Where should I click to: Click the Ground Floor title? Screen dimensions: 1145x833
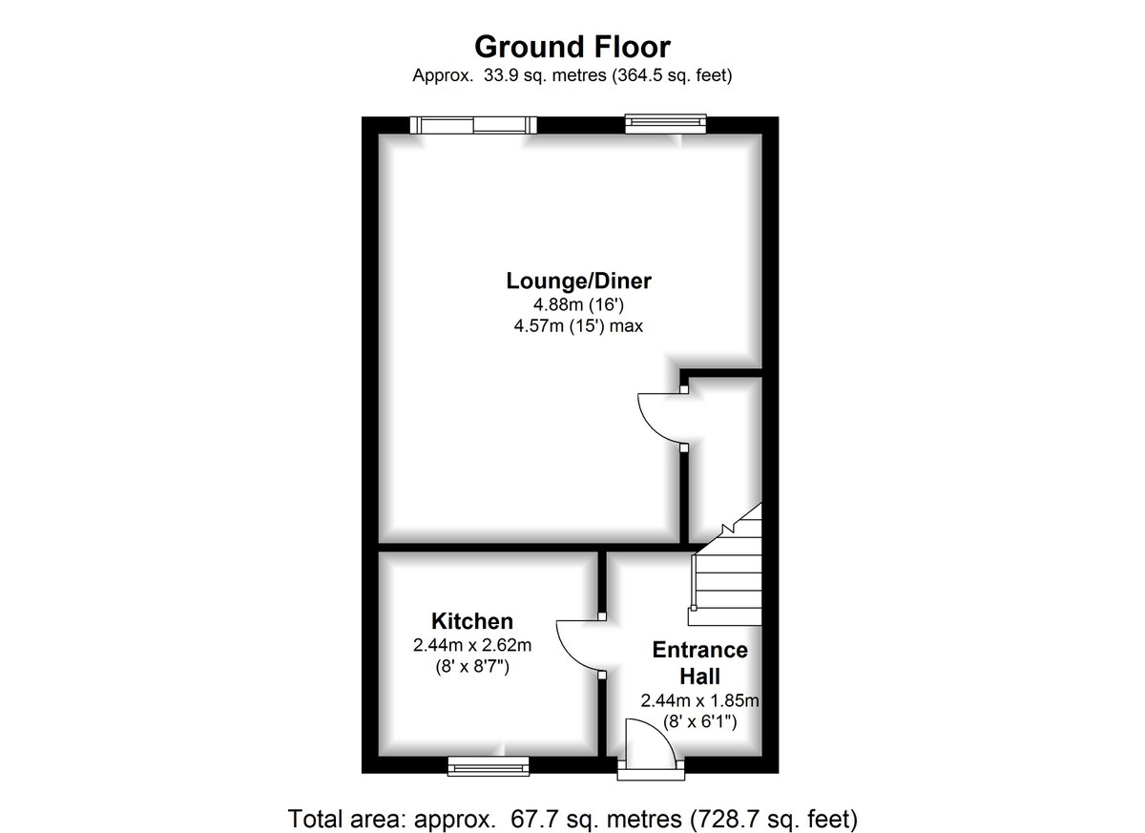pyautogui.click(x=572, y=46)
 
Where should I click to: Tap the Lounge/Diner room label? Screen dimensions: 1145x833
pyautogui.click(x=578, y=281)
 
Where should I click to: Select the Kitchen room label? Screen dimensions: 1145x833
pyautogui.click(x=471, y=620)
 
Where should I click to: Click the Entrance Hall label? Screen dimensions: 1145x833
pyautogui.click(x=699, y=662)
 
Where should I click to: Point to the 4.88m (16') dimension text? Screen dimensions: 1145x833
pyautogui.click(x=578, y=305)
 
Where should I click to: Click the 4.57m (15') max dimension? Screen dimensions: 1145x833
pyautogui.click(x=578, y=327)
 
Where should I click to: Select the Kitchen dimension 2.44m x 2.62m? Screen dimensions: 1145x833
pyautogui.click(x=471, y=645)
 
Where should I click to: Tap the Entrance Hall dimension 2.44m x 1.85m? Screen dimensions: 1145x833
pyautogui.click(x=699, y=701)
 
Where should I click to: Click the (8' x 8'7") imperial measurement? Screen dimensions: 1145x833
pyautogui.click(x=471, y=667)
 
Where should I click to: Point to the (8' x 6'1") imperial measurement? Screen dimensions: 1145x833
pyautogui.click(x=699, y=722)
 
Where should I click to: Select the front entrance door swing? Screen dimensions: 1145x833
pyautogui.click(x=647, y=744)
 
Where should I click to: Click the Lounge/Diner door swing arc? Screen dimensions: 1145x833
pyautogui.click(x=658, y=418)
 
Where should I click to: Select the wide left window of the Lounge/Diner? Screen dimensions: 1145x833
pyautogui.click(x=472, y=124)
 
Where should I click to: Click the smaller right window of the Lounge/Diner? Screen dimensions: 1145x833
pyautogui.click(x=666, y=123)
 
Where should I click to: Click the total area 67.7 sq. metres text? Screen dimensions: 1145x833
pyautogui.click(x=572, y=818)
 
